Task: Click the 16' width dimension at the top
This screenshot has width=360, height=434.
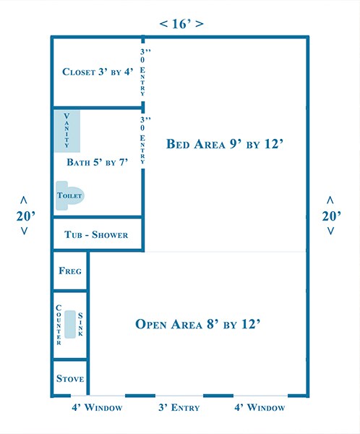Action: click(181, 24)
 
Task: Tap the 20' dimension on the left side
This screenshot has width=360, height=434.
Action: click(24, 215)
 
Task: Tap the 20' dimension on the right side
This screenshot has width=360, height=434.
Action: click(330, 215)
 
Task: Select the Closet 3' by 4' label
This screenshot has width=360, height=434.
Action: click(98, 72)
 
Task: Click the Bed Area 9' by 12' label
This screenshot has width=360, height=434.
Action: click(228, 144)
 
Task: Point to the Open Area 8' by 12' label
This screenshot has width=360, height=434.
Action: click(198, 323)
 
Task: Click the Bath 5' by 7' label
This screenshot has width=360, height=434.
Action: click(97, 162)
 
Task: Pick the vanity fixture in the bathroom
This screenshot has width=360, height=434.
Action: click(67, 131)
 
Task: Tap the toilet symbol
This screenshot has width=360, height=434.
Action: click(70, 195)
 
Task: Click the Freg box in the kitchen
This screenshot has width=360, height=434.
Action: click(70, 271)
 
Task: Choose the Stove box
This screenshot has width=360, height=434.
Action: click(70, 378)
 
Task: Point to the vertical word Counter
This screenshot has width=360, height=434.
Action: click(59, 325)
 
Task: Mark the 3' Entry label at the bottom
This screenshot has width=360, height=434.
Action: click(179, 408)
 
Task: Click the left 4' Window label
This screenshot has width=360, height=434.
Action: click(98, 408)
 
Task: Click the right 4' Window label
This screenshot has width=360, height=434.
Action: click(260, 408)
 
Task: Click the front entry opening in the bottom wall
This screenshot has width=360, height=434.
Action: click(179, 396)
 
